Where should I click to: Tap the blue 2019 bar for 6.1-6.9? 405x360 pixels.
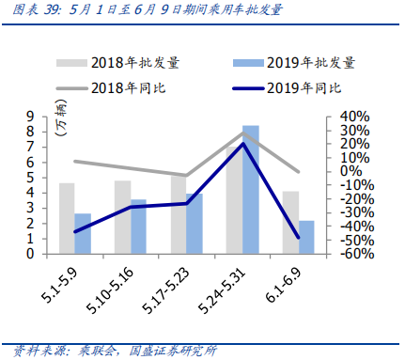tap(305, 237)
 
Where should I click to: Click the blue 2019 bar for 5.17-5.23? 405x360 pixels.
tap(195, 223)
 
